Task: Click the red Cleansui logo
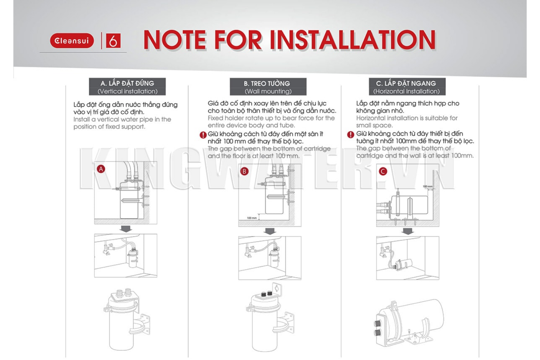(x=72, y=41)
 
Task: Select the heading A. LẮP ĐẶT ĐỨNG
(x=127, y=83)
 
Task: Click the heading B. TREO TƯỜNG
(x=268, y=83)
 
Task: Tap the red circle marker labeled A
(x=101, y=169)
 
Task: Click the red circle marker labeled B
(x=244, y=171)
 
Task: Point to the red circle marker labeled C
(x=383, y=171)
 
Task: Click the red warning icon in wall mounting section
(x=203, y=135)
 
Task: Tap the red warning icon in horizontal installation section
(x=351, y=135)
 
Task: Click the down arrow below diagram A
(x=126, y=229)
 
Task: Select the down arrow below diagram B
(x=270, y=231)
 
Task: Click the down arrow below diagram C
(x=408, y=231)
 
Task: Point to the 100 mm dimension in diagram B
(x=252, y=218)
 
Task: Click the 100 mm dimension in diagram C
(x=428, y=186)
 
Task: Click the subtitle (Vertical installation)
(x=127, y=91)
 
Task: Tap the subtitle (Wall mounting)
(x=268, y=91)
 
